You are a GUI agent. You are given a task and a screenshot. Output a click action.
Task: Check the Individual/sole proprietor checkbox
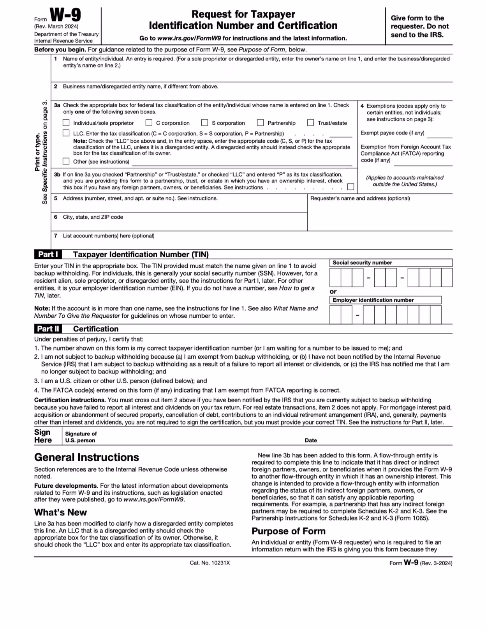66,123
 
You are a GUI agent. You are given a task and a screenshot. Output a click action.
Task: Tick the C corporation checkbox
149,123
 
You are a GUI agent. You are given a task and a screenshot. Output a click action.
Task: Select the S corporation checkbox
205,123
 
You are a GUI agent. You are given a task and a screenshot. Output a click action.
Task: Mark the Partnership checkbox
261,123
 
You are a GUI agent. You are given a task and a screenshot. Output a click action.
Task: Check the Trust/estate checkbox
310,123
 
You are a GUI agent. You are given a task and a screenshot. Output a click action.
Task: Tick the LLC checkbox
66,133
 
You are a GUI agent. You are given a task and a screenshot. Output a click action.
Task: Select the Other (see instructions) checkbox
66,161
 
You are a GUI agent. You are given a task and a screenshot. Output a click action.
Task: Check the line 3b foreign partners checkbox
351,187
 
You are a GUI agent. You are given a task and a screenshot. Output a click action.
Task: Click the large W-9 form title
65,16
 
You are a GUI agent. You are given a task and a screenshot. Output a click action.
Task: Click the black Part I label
48,254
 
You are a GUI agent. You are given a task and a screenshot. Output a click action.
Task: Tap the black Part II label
48,329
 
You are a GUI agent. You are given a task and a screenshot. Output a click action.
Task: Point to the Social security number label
362,263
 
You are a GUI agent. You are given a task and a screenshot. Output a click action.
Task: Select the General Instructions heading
86,457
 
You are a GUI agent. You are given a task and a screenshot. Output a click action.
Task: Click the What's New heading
60,512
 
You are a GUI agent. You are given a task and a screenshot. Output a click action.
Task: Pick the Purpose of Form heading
288,531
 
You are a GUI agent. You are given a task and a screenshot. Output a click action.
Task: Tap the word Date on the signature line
311,440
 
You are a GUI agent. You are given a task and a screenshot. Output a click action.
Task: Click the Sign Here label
43,436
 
